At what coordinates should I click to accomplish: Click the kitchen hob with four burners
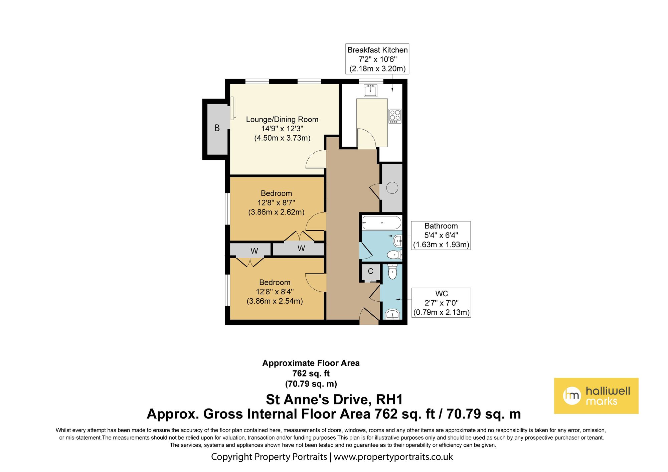395,116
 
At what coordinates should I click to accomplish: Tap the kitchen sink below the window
370,91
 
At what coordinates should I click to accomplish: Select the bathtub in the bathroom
381,222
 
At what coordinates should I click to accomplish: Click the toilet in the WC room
392,272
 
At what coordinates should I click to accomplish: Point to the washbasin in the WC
392,314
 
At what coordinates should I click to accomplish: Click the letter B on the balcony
217,128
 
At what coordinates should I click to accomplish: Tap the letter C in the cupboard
370,271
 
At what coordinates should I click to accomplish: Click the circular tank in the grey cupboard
392,188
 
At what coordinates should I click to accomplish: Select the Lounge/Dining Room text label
282,119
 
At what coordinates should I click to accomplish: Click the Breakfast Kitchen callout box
377,59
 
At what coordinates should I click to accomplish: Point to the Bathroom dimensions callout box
441,235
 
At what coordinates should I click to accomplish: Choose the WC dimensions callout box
441,303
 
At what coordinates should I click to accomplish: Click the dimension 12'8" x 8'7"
276,202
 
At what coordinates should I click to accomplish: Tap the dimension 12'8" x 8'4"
275,292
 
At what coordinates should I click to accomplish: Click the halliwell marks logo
596,396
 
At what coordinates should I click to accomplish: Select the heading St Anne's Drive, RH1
334,400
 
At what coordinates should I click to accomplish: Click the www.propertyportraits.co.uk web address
393,457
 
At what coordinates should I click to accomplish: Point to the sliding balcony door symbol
233,108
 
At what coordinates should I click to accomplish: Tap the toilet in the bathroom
395,255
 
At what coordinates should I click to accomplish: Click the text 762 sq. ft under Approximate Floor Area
311,373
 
